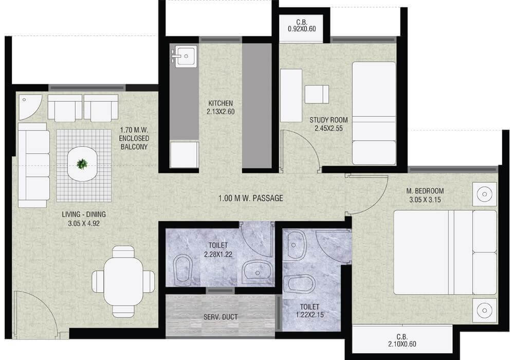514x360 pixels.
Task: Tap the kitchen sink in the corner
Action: (x=184, y=56)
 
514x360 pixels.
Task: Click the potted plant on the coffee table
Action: (x=82, y=164)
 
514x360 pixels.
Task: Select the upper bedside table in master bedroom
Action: (x=484, y=194)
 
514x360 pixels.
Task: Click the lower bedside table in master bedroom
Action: (x=484, y=310)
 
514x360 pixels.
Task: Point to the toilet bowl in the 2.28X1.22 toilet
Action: (x=183, y=269)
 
